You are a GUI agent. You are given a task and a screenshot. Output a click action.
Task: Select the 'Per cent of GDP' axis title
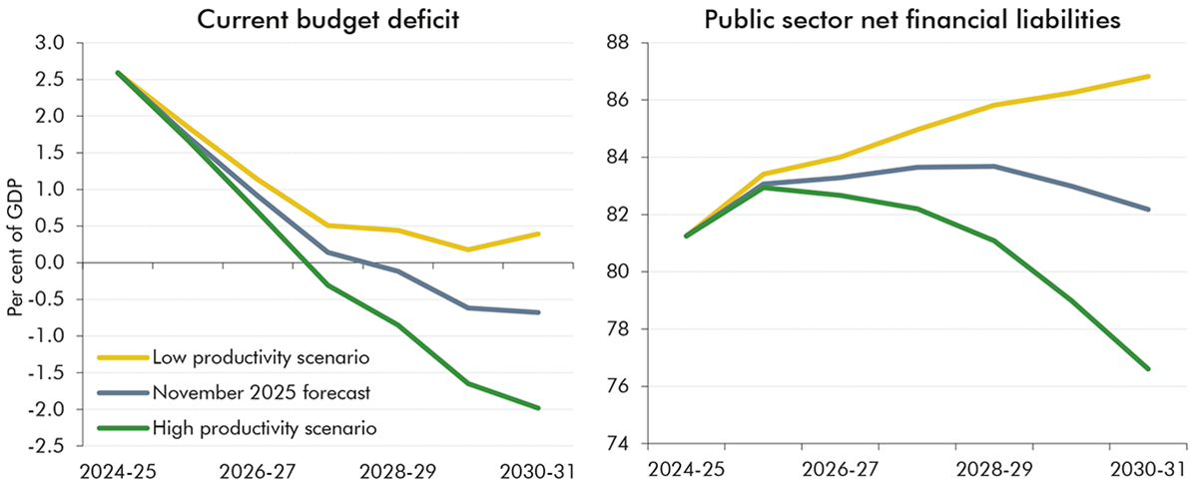pyautogui.click(x=17, y=245)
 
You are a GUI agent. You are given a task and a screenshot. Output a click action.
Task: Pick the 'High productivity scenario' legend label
pyautogui.click(x=265, y=428)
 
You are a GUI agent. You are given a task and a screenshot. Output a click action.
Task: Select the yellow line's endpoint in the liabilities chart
pyautogui.click(x=1149, y=76)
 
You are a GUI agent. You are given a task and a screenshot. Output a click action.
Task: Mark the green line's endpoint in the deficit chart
pyautogui.click(x=539, y=407)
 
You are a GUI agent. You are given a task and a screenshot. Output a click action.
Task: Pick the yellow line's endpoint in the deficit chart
pyautogui.click(x=539, y=234)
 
